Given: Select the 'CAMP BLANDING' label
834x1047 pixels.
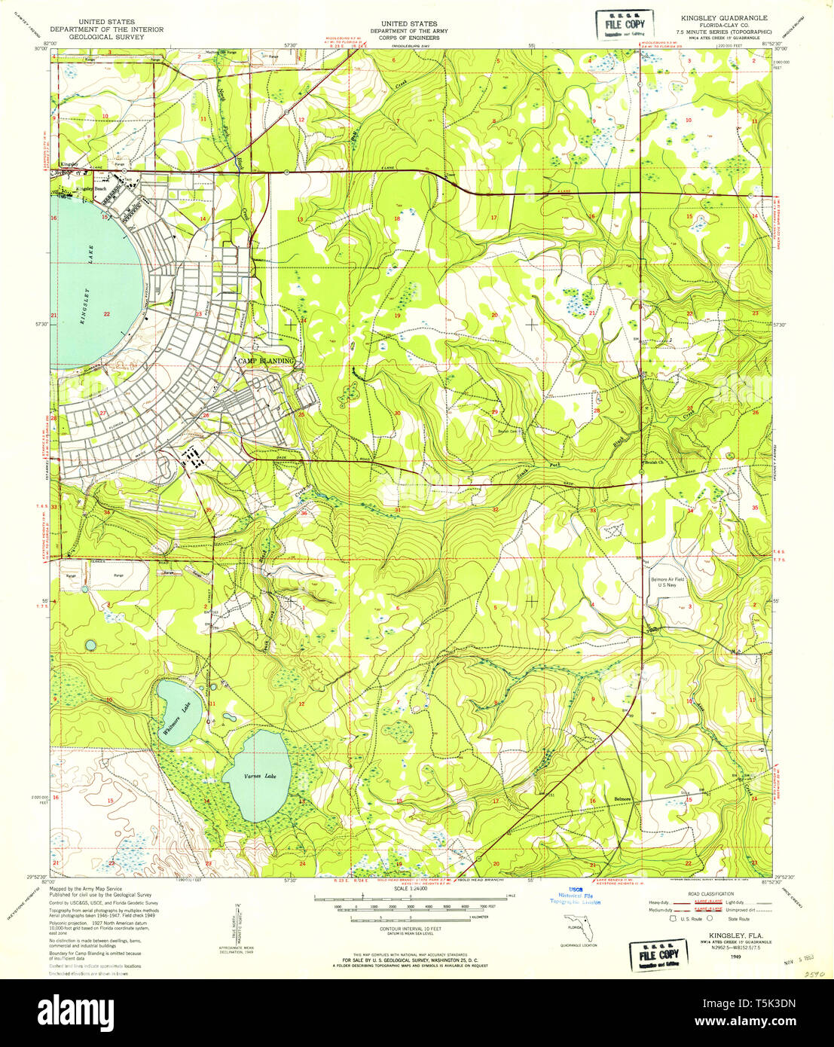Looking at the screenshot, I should pyautogui.click(x=265, y=362).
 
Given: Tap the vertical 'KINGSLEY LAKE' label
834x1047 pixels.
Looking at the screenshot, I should pyautogui.click(x=85, y=292).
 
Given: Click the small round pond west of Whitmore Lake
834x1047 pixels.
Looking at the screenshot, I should pyautogui.click(x=91, y=646).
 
